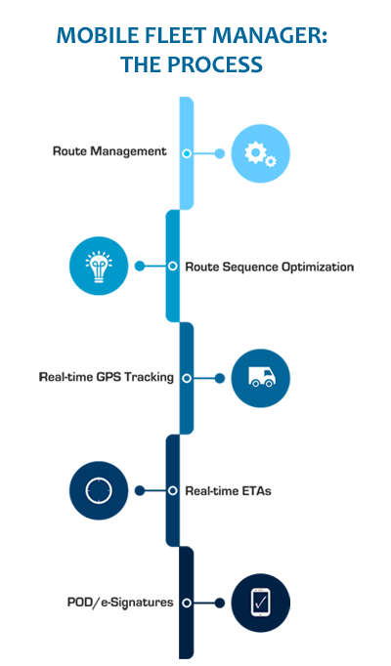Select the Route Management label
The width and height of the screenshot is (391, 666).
(x=109, y=151)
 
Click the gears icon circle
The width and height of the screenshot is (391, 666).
(x=261, y=153)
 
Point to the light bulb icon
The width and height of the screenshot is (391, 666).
(x=99, y=267)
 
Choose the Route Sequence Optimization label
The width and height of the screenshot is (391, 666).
(x=270, y=267)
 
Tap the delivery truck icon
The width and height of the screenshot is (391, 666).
(x=261, y=377)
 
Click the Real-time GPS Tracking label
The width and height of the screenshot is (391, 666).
(x=107, y=377)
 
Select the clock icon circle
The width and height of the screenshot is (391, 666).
(x=99, y=490)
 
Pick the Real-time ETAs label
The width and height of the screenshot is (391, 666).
(x=228, y=491)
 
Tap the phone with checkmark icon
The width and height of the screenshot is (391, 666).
(x=261, y=603)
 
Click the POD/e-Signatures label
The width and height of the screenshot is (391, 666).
(x=120, y=603)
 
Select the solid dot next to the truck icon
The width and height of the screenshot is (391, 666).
(x=219, y=378)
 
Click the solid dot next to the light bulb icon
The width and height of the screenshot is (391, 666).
(x=140, y=266)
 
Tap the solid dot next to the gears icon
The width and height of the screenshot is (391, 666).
(x=219, y=153)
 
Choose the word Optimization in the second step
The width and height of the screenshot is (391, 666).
(x=318, y=267)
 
